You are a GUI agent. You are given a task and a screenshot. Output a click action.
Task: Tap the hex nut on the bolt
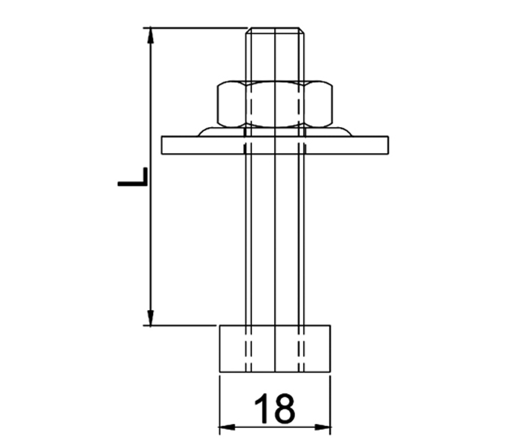coord(275,104)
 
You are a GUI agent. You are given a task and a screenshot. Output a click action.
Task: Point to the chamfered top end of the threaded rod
coord(275,30)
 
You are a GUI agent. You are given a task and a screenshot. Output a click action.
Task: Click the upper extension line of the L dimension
coord(198,27)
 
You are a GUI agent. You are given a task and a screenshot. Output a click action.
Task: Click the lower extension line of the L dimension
coord(183,325)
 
